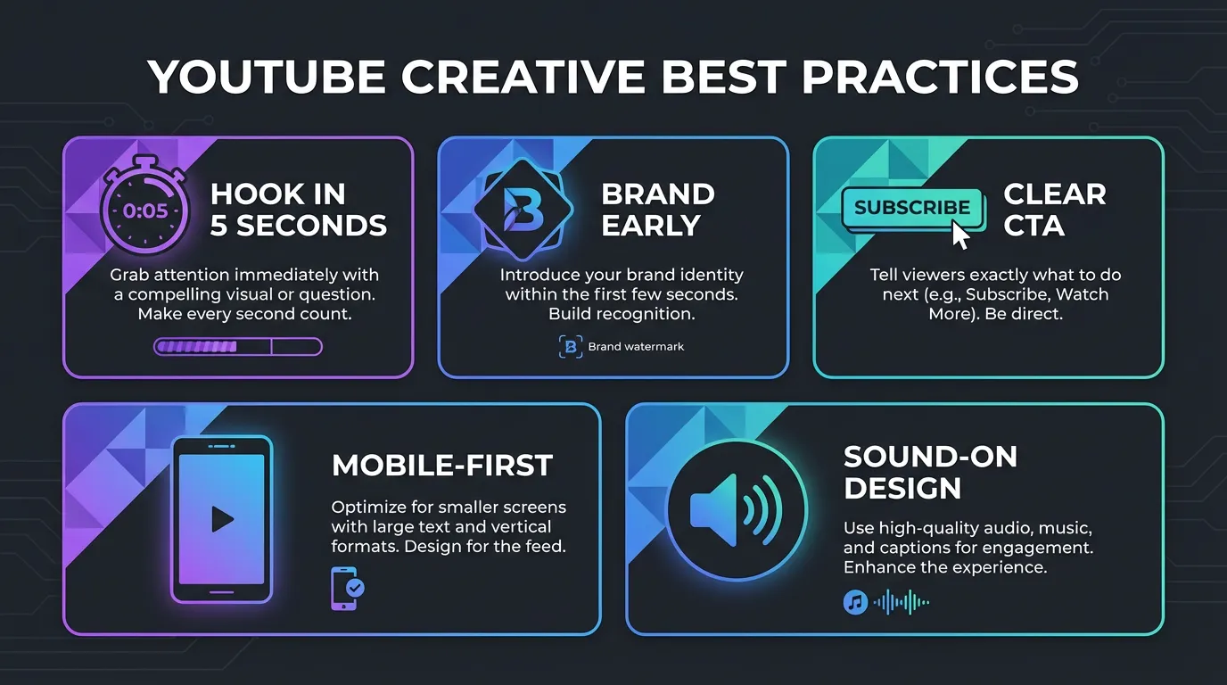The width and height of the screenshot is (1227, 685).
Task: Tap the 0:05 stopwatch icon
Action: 145,210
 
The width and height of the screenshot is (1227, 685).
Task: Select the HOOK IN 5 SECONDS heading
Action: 298,210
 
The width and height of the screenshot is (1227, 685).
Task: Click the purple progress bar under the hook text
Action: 237,347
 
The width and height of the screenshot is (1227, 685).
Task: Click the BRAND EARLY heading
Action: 657,210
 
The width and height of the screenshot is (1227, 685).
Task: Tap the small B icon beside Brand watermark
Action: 570,347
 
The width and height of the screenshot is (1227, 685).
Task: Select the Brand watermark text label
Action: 636,347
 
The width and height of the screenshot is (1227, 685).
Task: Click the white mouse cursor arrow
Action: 960,235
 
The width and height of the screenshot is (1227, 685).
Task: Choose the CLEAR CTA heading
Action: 1054,210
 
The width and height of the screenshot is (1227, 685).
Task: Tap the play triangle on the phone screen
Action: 222,519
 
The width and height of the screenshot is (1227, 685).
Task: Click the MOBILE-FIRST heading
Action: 442,466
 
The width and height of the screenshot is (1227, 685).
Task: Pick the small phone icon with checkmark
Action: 347,588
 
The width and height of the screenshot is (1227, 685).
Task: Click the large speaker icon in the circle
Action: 736,511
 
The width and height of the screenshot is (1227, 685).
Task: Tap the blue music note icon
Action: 855,603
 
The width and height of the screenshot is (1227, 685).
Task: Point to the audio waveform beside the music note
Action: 902,603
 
